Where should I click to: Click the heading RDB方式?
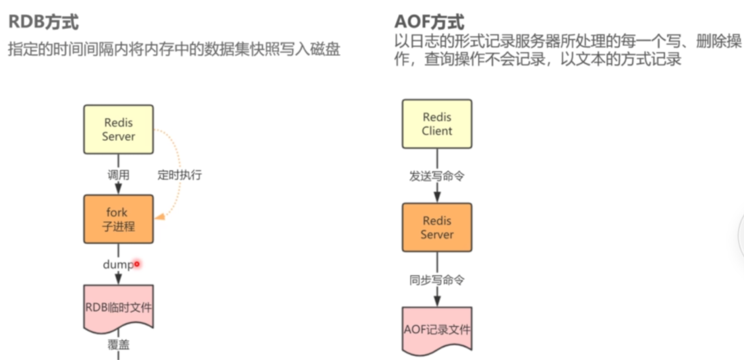pyautogui.click(x=43, y=22)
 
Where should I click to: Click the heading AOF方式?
pyautogui.click(x=429, y=22)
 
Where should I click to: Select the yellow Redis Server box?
pyautogui.click(x=119, y=129)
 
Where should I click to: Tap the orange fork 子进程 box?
pyautogui.click(x=119, y=219)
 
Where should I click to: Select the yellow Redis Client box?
pyautogui.click(x=437, y=124)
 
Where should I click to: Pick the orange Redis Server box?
pyautogui.click(x=437, y=227)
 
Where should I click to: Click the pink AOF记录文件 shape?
pyautogui.click(x=437, y=330)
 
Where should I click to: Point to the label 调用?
pyautogui.click(x=119, y=175)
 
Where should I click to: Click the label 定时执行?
pyautogui.click(x=179, y=175)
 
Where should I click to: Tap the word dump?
pyautogui.click(x=117, y=265)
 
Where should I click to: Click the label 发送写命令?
pyautogui.click(x=437, y=177)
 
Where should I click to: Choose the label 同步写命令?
pyautogui.click(x=437, y=280)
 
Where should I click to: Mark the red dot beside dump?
pyautogui.click(x=137, y=264)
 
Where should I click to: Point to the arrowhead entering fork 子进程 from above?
pyautogui.click(x=119, y=189)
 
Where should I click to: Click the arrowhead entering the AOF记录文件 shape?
pyautogui.click(x=437, y=301)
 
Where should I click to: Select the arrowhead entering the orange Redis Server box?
pyautogui.click(x=437, y=197)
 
